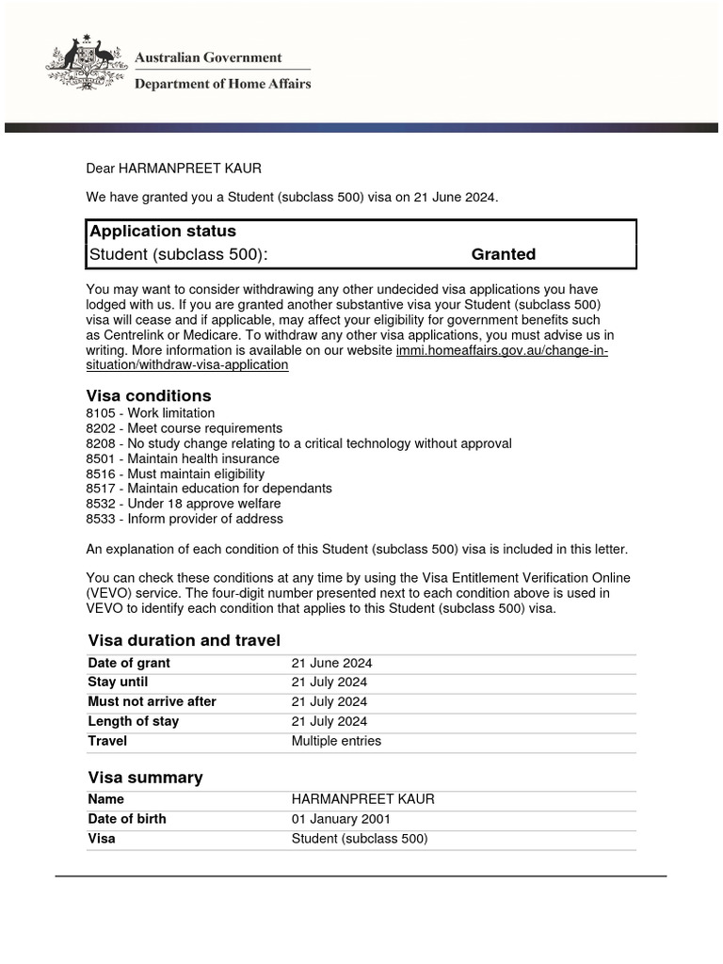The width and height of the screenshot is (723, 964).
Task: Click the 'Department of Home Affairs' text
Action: click(222, 84)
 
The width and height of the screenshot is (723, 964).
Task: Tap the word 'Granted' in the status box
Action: click(503, 254)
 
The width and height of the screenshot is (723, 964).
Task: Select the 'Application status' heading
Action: click(162, 232)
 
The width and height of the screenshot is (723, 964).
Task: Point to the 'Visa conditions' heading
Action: click(149, 395)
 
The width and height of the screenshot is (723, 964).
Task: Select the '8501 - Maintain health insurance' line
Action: click(182, 458)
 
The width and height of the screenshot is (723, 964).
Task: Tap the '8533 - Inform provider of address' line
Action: click(184, 519)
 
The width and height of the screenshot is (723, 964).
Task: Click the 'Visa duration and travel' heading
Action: click(184, 640)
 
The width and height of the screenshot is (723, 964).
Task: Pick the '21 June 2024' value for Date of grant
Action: click(331, 663)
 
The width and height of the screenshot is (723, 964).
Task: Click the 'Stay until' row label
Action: click(118, 682)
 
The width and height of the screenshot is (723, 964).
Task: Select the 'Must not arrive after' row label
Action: click(152, 701)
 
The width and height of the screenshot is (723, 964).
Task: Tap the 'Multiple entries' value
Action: click(336, 741)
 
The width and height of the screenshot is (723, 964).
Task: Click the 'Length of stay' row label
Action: click(133, 721)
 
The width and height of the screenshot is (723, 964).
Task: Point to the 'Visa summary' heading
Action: click(145, 778)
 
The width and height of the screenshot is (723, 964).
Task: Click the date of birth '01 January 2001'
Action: click(341, 819)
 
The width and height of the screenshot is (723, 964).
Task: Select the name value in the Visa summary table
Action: click(362, 799)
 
